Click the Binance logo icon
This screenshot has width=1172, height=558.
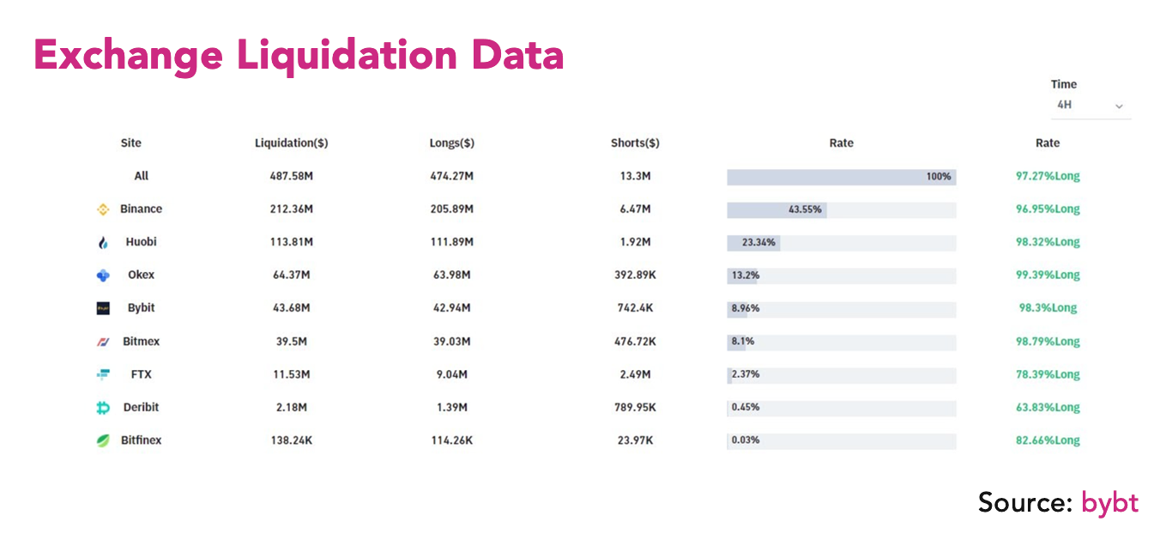[x=103, y=209]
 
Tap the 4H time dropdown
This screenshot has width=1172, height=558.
[x=1090, y=105]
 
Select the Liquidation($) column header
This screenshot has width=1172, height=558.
[x=292, y=143]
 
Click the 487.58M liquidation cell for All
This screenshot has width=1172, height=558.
[x=292, y=176]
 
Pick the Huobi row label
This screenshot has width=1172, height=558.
[x=141, y=242]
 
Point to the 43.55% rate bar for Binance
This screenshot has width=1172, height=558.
[x=776, y=209]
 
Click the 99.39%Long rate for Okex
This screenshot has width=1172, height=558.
[x=1048, y=275]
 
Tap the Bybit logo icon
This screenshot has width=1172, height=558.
[x=103, y=308]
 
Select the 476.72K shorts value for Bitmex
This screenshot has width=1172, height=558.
[x=635, y=342]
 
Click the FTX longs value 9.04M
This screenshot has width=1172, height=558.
[x=451, y=374]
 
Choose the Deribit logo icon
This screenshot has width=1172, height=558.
[x=103, y=408]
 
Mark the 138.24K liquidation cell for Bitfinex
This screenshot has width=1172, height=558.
[x=292, y=440]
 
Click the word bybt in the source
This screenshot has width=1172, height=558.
[x=1109, y=503]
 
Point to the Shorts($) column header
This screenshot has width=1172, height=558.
[x=635, y=143]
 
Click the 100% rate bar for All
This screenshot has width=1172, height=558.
[x=841, y=177]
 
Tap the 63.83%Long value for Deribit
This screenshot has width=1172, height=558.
[x=1048, y=408]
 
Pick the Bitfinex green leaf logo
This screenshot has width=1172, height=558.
[x=103, y=440]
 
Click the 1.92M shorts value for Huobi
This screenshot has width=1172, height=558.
[x=635, y=242]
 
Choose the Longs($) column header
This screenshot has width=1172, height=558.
[x=451, y=143]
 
